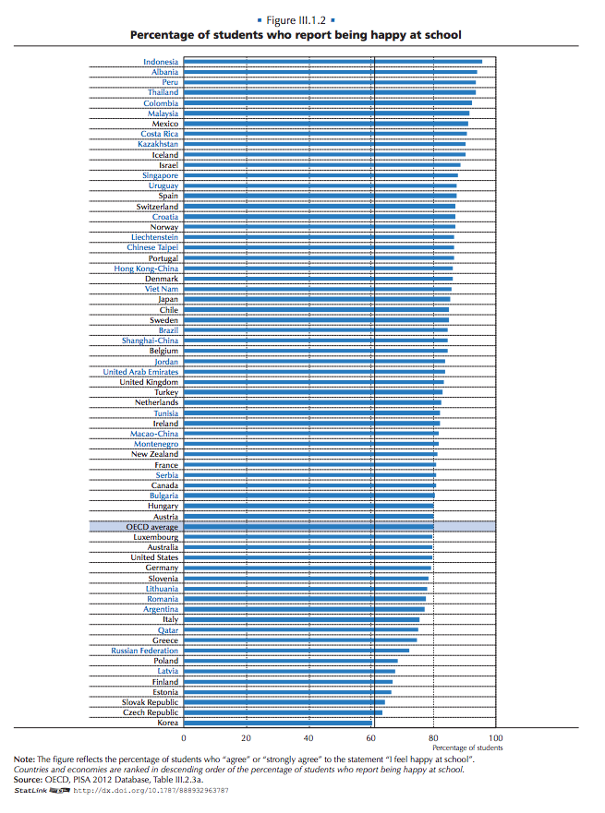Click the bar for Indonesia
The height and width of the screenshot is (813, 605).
[x=333, y=62]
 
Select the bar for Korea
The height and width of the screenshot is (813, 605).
[x=277, y=723]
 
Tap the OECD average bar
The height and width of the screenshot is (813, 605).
[x=309, y=527]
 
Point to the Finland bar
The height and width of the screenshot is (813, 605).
[x=288, y=682]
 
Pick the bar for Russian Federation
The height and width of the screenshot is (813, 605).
[x=296, y=651]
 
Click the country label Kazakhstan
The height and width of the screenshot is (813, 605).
[x=158, y=144]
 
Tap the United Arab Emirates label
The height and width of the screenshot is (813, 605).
[x=140, y=372]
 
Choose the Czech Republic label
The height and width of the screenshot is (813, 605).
[x=151, y=712]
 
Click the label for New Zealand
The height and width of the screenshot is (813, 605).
[x=154, y=454]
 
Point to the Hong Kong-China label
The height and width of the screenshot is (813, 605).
[x=146, y=269]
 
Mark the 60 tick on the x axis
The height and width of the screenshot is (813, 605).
[x=371, y=738]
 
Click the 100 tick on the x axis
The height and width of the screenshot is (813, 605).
[x=496, y=738]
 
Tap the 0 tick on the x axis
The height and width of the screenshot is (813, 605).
[x=183, y=738]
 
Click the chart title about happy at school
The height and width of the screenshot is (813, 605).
[x=296, y=35]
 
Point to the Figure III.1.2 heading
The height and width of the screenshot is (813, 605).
[x=296, y=19]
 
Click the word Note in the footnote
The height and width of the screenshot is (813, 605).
[x=24, y=759]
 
